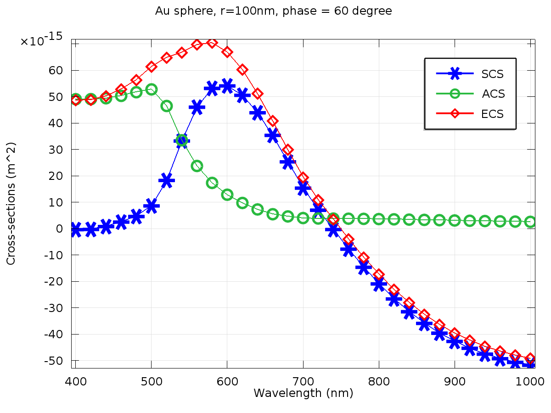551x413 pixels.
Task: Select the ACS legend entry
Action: (493, 94)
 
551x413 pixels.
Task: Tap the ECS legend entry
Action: (492, 114)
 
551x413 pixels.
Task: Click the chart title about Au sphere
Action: (274, 11)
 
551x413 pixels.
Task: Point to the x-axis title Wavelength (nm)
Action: (304, 393)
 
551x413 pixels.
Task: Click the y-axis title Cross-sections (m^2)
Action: (11, 203)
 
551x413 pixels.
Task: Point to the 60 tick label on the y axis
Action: (59, 70)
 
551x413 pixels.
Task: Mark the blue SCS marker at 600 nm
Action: (227, 86)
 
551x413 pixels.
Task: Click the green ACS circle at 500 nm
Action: (151, 89)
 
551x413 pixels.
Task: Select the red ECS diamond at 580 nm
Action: (212, 43)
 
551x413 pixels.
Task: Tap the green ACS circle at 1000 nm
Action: (530, 222)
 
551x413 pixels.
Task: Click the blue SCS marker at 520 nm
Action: (166, 180)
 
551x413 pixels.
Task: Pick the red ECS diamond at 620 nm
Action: (242, 70)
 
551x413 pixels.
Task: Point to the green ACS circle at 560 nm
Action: (197, 166)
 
